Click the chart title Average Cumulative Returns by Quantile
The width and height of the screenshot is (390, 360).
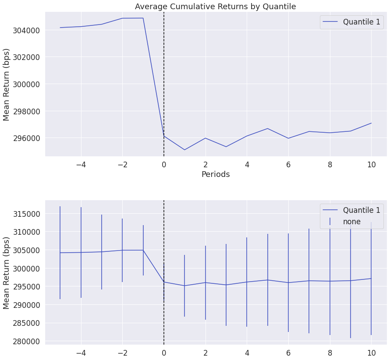pos(215,7)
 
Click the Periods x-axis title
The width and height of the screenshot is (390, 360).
pos(216,174)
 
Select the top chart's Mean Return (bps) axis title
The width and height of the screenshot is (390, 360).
pos(7,85)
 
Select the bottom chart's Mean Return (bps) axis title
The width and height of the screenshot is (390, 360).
pos(7,273)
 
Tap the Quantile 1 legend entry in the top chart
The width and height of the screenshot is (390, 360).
pos(362,22)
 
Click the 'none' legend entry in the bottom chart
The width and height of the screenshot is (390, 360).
pos(351,222)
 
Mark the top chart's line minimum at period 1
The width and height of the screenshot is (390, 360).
pos(184,150)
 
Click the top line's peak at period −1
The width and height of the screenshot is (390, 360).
pos(143,18)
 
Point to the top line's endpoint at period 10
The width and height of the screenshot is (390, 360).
pos(371,123)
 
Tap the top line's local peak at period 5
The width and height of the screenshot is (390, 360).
pos(267,128)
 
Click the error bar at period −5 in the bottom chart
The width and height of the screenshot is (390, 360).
pos(60,253)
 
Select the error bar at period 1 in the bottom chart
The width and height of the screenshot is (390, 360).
pos(184,286)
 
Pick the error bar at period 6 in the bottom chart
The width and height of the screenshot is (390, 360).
pos(288,282)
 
